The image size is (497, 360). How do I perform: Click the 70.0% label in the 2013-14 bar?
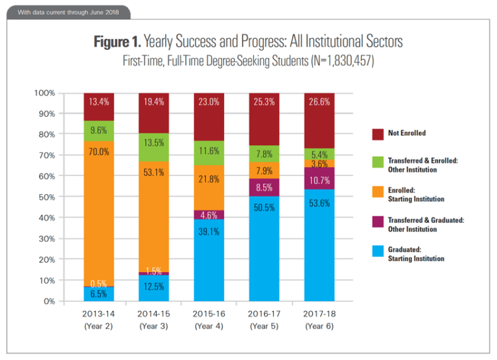99,152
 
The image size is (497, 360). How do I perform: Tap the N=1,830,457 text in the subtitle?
337,61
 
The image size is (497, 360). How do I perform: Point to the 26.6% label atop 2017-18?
320,101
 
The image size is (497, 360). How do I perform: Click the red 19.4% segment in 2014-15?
154,113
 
